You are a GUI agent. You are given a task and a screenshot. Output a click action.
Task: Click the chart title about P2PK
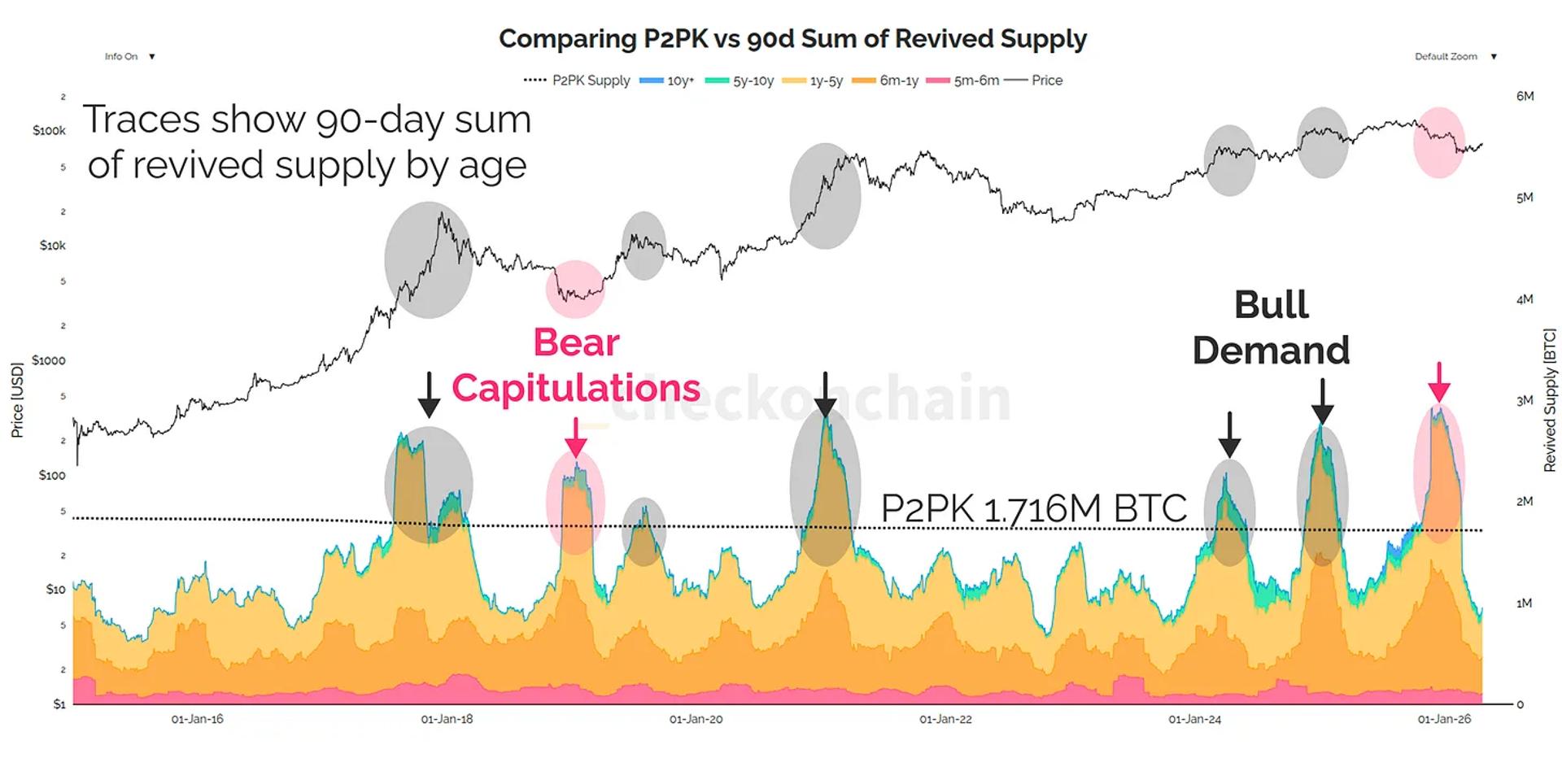(x=792, y=39)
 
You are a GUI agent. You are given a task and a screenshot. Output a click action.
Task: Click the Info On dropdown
(x=129, y=57)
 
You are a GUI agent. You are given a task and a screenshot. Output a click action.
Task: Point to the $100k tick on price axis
(x=49, y=131)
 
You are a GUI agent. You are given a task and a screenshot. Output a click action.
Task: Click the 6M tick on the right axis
(x=1525, y=96)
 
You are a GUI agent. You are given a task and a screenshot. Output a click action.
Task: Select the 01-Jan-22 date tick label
(x=945, y=720)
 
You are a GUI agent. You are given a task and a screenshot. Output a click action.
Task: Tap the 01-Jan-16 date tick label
(x=197, y=720)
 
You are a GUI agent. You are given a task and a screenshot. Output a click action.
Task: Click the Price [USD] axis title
(x=17, y=400)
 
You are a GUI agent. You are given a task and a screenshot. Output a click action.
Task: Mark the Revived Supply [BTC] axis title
(x=1549, y=400)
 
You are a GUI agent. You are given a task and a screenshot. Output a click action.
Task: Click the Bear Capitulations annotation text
(x=576, y=365)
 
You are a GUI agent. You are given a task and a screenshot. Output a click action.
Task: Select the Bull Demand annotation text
(x=1271, y=328)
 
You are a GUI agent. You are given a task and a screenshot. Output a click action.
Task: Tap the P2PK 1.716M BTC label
(x=1033, y=509)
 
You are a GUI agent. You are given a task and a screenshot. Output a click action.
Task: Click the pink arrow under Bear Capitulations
(x=576, y=438)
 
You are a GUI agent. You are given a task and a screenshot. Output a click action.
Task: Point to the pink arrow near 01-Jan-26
(x=1439, y=382)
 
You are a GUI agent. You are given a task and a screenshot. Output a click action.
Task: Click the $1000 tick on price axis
(x=48, y=360)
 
